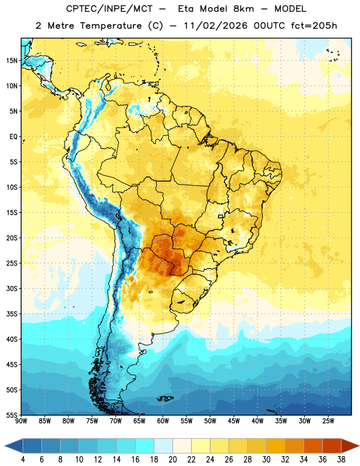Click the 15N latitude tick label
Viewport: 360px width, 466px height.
(12, 61)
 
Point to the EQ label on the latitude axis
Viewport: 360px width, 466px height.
(13, 137)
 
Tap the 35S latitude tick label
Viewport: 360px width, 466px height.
(12, 314)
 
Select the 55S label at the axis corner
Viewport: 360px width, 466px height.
(12, 415)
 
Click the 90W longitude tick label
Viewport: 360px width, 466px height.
(21, 421)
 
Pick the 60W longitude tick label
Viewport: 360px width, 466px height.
(163, 421)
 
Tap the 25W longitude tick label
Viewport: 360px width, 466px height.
(328, 421)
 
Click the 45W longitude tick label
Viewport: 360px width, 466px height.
(234, 421)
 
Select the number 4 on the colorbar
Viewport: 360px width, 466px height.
(23, 460)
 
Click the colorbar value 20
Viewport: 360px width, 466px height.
(172, 460)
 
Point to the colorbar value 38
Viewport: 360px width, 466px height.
(341, 460)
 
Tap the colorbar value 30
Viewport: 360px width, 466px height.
(266, 460)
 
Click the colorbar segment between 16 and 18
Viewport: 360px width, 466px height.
(145, 446)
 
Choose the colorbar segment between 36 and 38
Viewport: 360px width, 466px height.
(332, 446)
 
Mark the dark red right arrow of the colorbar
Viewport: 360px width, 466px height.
(350, 446)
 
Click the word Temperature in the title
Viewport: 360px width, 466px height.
(111, 26)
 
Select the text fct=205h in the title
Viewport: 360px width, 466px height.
(314, 26)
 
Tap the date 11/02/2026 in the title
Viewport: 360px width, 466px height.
(216, 26)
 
